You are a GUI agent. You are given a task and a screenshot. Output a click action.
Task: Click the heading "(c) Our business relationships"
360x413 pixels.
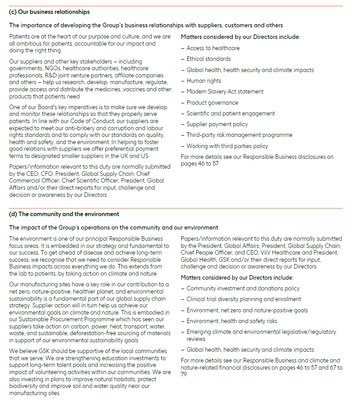pos(49,12)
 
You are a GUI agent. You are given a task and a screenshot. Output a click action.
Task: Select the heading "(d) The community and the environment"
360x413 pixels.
pos(64,214)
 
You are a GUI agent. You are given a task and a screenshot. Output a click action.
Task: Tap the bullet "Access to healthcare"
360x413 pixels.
pos(213,48)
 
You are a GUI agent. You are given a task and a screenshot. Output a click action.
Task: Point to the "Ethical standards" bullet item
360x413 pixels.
pos(209,59)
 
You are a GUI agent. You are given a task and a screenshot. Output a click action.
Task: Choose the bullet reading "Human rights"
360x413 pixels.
pos(204,81)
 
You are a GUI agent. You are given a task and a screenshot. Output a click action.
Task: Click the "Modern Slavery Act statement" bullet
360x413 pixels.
pos(225,92)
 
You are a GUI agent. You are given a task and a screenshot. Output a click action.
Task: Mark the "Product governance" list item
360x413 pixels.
pos(212,102)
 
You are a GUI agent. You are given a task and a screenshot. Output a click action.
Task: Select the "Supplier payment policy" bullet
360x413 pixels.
pos(217,124)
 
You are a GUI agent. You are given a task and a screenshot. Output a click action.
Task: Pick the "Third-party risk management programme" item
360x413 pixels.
pos(239,135)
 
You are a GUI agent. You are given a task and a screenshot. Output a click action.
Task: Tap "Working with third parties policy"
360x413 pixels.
pos(227,146)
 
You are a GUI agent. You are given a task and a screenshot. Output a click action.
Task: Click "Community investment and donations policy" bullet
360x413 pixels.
pos(243,289)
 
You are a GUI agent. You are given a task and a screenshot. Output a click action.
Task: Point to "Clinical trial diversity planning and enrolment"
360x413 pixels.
pos(244,299)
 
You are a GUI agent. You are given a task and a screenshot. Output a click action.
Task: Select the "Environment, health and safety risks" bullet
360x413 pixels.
pos(231,321)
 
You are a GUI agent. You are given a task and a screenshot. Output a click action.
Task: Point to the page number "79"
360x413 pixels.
pos(184,374)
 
